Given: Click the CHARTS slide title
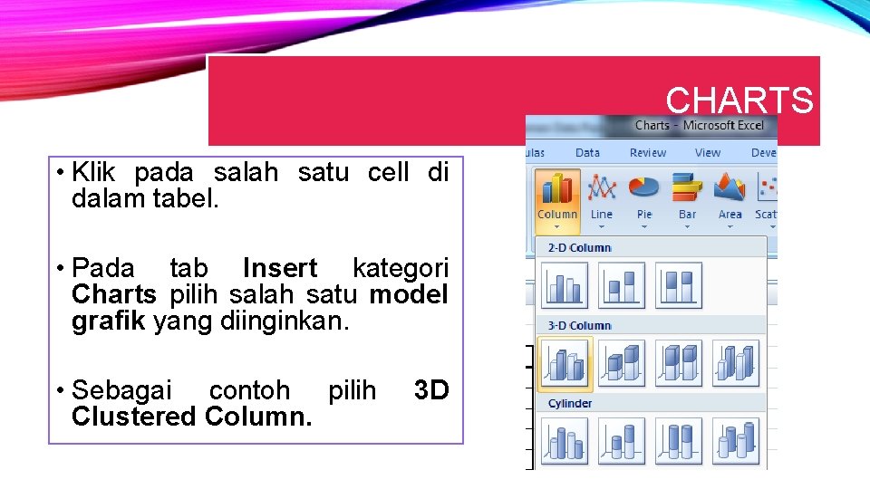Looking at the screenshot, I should point(739,101).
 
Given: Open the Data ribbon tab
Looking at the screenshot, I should point(587,153).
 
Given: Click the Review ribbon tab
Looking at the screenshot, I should point(647,153).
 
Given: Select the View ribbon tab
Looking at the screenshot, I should point(708,153).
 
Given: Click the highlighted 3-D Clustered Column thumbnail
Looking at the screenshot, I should point(565,364).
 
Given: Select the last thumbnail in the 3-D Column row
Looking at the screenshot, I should point(735,364).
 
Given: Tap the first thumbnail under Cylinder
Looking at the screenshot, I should point(565,442).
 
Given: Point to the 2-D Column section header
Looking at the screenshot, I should point(579,247).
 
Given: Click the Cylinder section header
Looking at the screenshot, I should point(570,403).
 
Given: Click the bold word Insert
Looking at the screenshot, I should point(280,269).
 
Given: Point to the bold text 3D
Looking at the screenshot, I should point(430,390).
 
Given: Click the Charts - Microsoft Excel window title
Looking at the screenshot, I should point(699,126).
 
